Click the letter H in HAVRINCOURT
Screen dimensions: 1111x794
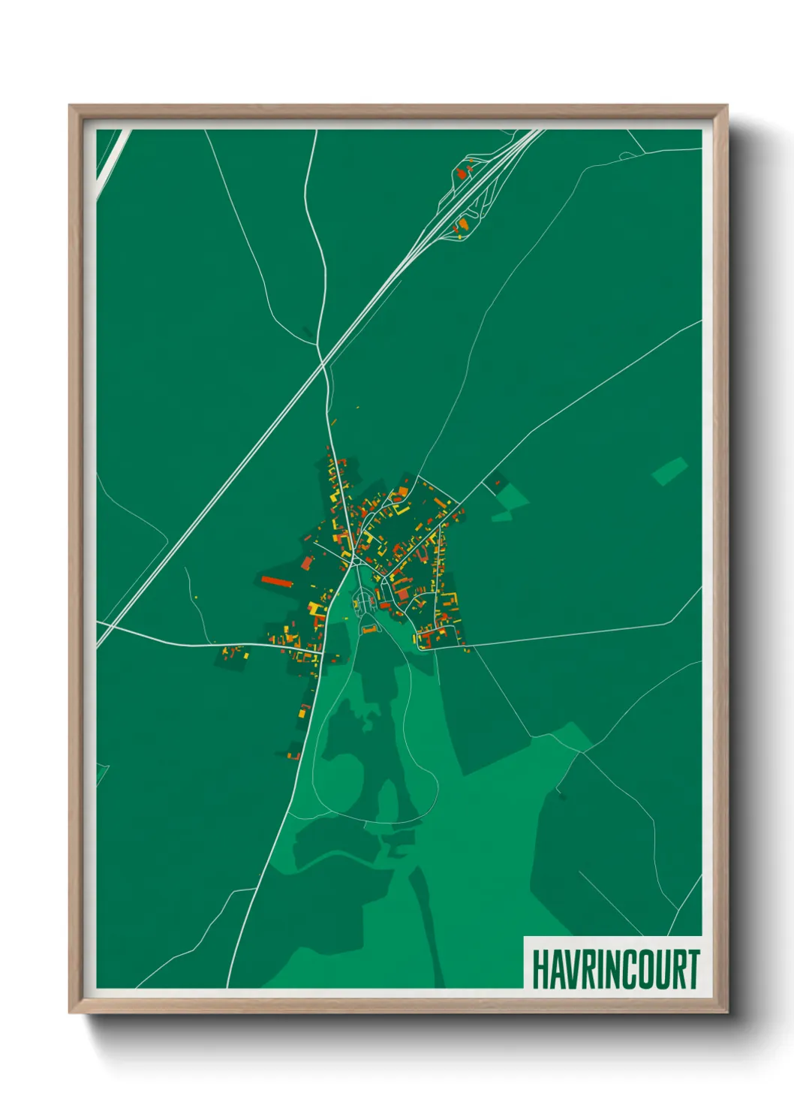541,969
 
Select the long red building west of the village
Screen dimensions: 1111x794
275,580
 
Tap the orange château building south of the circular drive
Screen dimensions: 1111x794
369,629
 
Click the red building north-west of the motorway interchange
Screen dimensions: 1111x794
461,173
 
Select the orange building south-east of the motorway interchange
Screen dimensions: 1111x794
463,223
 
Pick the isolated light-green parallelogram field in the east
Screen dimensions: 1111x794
669,471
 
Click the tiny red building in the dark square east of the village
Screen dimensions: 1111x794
497,482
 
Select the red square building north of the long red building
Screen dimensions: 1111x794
306,562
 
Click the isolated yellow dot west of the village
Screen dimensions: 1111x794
197,598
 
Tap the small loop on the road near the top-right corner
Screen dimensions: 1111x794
624,155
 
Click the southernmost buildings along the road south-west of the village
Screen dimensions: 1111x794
294,754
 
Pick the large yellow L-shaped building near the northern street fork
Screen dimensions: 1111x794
334,496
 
